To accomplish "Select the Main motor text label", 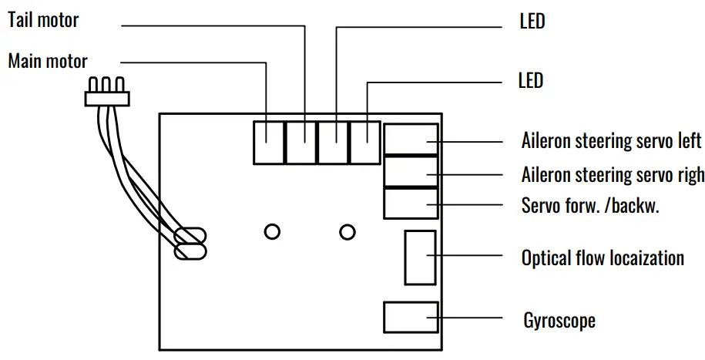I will [x=48, y=62].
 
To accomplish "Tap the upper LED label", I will [x=532, y=22].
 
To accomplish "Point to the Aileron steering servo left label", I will [x=612, y=141].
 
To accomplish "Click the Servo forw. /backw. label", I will [x=590, y=207].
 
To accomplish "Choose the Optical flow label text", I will [x=603, y=257].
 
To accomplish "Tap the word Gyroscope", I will [x=559, y=319].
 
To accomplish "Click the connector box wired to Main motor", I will [x=268, y=142].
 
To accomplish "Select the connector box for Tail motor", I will [x=300, y=142].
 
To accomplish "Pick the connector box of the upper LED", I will [x=333, y=142].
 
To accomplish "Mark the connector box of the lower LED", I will [x=364, y=142].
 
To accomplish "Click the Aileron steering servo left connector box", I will [x=411, y=140].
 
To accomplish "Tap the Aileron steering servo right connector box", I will [x=411, y=171].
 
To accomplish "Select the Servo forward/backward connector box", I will [x=411, y=203].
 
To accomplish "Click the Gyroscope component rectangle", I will [x=410, y=318].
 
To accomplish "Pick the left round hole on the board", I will [x=272, y=231].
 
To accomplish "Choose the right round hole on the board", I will [x=347, y=231].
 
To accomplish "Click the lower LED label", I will [x=531, y=80].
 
